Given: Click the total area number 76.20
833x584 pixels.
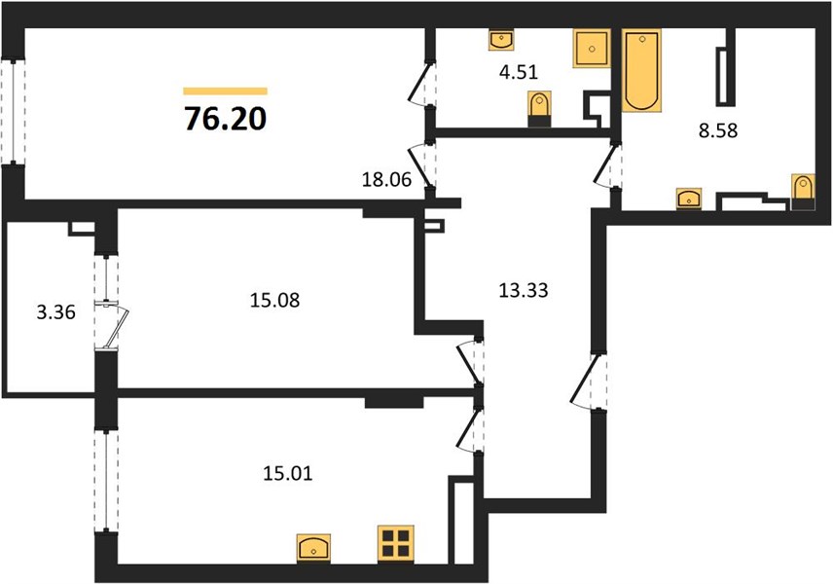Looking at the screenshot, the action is click(x=225, y=119).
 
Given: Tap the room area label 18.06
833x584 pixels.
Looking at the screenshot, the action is click(x=386, y=180).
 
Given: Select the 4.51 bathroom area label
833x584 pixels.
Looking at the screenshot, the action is click(x=519, y=72).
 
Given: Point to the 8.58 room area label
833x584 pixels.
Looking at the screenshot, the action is click(x=718, y=130).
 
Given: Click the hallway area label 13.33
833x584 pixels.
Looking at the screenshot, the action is click(x=524, y=290).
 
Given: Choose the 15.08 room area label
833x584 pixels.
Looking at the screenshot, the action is click(x=274, y=300).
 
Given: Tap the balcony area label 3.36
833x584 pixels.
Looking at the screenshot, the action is click(x=55, y=311).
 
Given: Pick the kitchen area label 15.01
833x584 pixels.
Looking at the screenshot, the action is click(x=287, y=472).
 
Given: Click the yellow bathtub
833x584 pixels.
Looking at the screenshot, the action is click(x=641, y=71).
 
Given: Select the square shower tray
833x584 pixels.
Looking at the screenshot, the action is click(x=591, y=49).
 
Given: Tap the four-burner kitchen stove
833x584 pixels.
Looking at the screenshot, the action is click(x=396, y=543).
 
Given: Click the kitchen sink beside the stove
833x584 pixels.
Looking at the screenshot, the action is click(x=313, y=548).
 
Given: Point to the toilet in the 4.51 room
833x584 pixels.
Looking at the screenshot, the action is click(x=539, y=108).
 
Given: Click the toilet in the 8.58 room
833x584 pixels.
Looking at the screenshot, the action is click(x=803, y=192).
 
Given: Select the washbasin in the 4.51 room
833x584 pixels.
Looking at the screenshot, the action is click(x=501, y=40).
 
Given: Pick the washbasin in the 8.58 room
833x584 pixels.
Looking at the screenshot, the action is click(x=689, y=200).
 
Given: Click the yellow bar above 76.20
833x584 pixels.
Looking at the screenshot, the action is click(x=225, y=91).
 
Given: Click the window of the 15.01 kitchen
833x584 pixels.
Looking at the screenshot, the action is click(x=106, y=481).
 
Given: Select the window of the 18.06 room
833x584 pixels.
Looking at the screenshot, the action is click(x=13, y=112).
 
